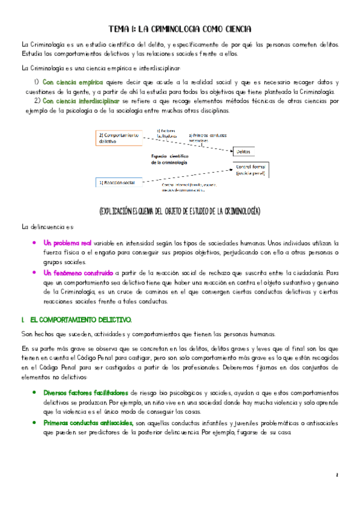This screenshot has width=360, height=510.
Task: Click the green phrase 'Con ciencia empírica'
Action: point(73,82)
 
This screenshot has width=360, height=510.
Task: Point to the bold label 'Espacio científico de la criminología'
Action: point(170,159)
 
